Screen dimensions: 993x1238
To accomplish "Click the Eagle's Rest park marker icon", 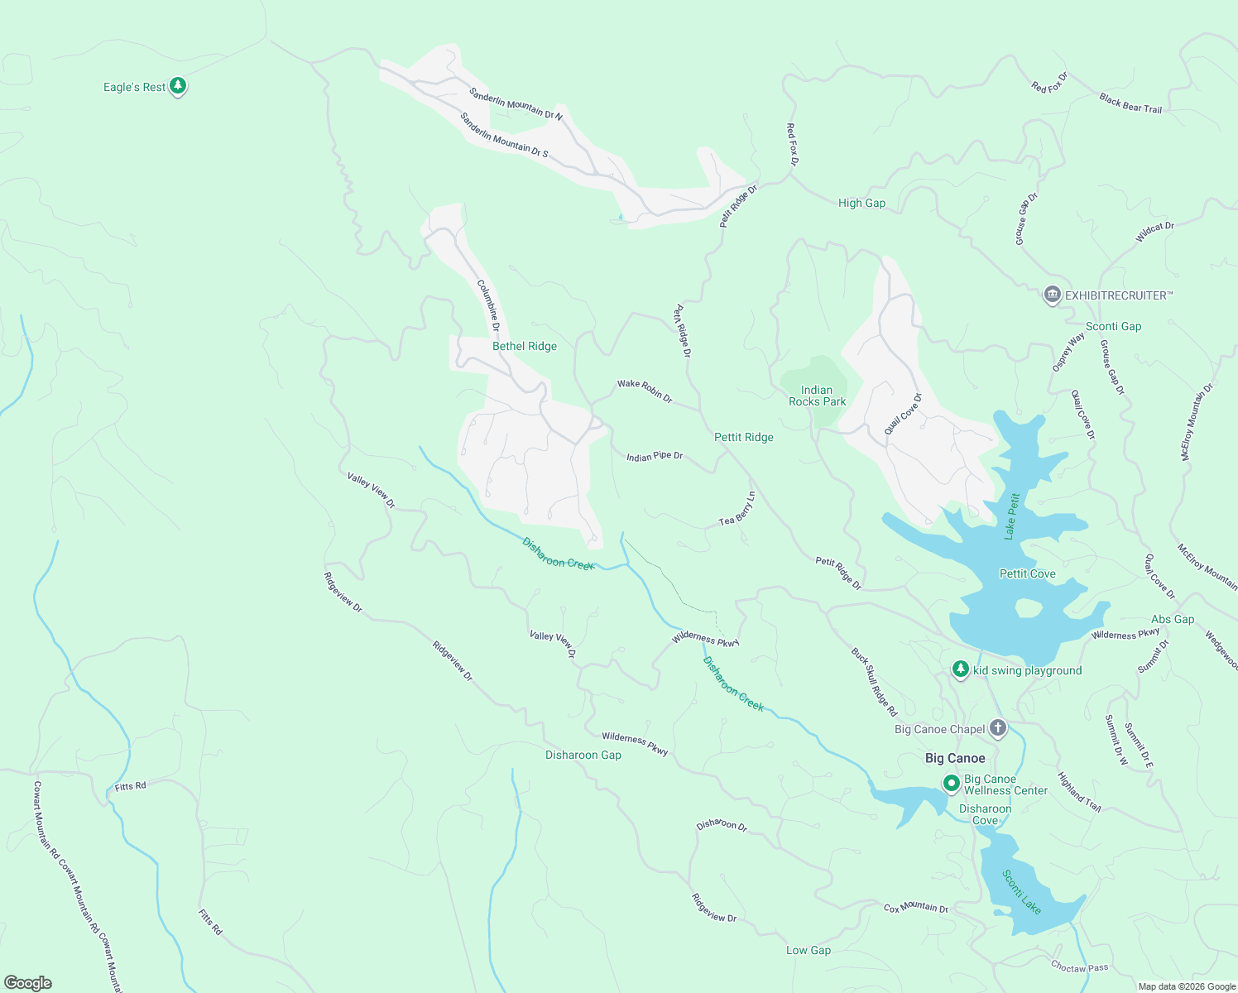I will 177,86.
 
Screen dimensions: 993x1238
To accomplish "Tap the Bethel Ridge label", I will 525,346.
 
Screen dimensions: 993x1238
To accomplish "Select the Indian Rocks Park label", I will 817,396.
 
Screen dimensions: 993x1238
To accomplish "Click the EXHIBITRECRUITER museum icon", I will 1052,295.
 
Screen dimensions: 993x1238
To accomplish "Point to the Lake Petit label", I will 1012,516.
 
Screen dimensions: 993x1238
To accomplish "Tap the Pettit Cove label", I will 1027,573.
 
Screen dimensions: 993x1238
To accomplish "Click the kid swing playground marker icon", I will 960,669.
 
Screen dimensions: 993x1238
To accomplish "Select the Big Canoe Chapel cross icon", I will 998,728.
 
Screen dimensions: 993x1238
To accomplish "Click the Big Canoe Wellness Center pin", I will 952,783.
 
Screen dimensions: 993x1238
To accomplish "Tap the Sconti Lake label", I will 1021,891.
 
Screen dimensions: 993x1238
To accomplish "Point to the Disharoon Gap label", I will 583,755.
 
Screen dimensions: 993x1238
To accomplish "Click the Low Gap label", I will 808,950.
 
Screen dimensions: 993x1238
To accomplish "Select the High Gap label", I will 861,203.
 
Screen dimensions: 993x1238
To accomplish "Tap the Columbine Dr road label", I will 488,306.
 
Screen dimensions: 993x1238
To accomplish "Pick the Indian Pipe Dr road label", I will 655,456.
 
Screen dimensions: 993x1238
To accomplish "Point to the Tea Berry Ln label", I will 737,509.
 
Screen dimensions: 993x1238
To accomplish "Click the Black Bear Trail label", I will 1130,103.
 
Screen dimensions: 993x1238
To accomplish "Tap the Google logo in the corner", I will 28,983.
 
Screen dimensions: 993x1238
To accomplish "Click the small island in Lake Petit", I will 1028,608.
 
